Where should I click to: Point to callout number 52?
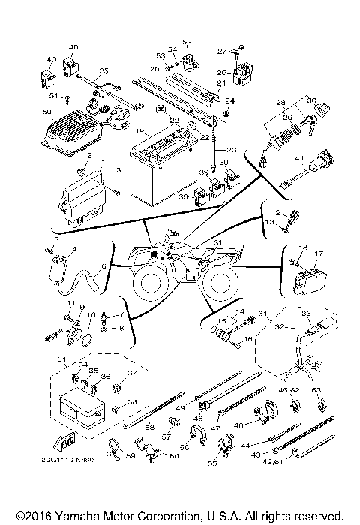pyautogui.click(x=187, y=42)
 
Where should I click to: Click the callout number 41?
pyautogui.click(x=298, y=159)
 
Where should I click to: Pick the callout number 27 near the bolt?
pyautogui.click(x=222, y=51)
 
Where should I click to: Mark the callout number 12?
pyautogui.click(x=276, y=213)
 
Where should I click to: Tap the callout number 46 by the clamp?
pyautogui.click(x=238, y=425)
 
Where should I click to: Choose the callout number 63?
pyautogui.click(x=316, y=389)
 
